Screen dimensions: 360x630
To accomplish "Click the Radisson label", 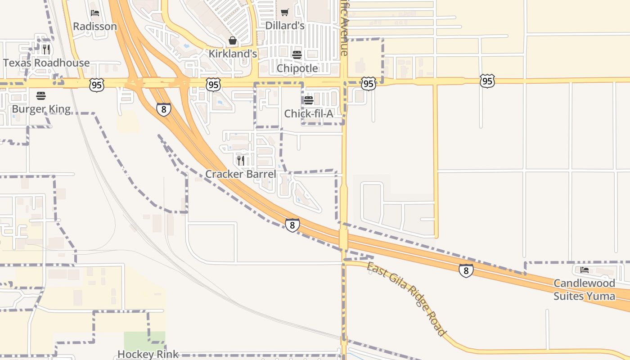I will coord(94,27).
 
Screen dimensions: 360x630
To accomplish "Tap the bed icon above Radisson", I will coord(94,13).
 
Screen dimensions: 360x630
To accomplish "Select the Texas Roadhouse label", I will coord(46,63).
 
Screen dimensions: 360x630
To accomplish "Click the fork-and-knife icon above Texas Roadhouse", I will coord(46,49).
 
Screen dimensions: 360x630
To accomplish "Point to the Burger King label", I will coord(41,109).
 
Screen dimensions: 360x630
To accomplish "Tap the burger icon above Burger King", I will coord(41,95).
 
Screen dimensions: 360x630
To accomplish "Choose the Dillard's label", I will coord(285,26).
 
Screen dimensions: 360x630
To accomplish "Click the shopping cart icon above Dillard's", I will coord(284,12).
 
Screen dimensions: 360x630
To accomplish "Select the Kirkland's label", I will coord(233,54).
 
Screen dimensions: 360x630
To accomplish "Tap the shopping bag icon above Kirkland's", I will coord(233,41).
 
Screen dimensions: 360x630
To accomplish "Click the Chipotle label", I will coord(297,68).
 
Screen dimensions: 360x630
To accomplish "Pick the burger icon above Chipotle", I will coord(297,55).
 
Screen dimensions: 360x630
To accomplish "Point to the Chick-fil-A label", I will coord(309,114).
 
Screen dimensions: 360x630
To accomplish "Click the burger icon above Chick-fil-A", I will coord(309,100).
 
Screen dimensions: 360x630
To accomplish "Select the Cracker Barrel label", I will coord(241,174).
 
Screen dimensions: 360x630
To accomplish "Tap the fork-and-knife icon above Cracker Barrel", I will coord(241,160).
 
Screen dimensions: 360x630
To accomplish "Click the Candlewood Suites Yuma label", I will coord(584,289).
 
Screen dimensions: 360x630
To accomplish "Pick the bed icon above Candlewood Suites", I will coord(585,270).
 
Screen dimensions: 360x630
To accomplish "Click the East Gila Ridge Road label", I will coord(407,299).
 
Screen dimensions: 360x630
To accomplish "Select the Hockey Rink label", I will coord(148,355).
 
